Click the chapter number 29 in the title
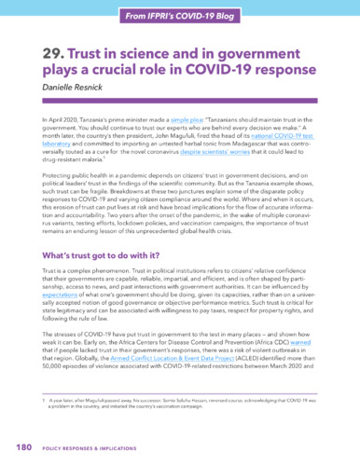pyautogui.click(x=53, y=56)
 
